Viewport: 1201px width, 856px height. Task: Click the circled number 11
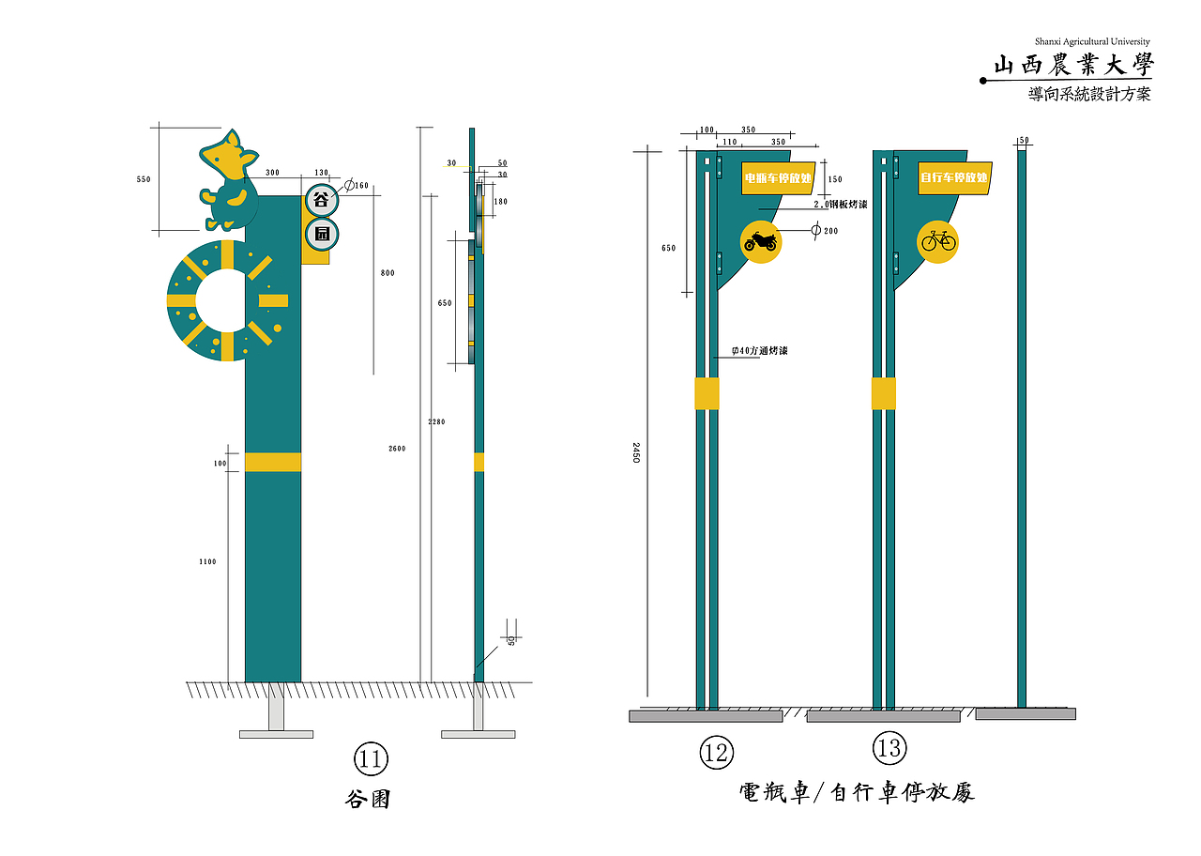click(371, 758)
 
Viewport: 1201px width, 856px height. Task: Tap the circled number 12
click(716, 752)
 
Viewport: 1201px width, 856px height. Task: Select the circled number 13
click(889, 749)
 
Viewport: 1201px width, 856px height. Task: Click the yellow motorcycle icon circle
click(760, 242)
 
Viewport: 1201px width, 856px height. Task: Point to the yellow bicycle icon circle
click(937, 242)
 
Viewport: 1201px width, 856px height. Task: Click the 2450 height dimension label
click(635, 454)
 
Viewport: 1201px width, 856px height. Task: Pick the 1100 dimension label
click(207, 561)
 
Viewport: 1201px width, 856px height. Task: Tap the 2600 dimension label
click(397, 449)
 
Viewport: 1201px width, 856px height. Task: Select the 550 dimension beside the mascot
click(144, 179)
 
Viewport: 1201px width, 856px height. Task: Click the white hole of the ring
click(226, 300)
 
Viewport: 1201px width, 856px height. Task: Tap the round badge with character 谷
click(321, 200)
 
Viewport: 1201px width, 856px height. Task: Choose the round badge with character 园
click(321, 235)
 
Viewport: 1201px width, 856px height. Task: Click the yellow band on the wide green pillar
click(273, 462)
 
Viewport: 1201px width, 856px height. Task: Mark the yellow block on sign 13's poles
click(883, 393)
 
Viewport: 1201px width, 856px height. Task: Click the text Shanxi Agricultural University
click(1092, 41)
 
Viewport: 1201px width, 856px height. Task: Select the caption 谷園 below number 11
click(369, 800)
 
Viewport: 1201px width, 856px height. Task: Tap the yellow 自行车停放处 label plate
click(954, 177)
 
